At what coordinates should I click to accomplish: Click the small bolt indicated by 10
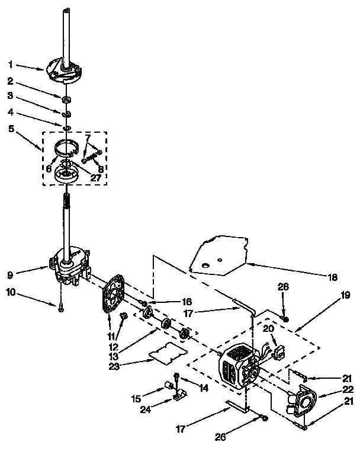point(61,306)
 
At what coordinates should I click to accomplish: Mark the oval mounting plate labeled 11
point(112,293)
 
